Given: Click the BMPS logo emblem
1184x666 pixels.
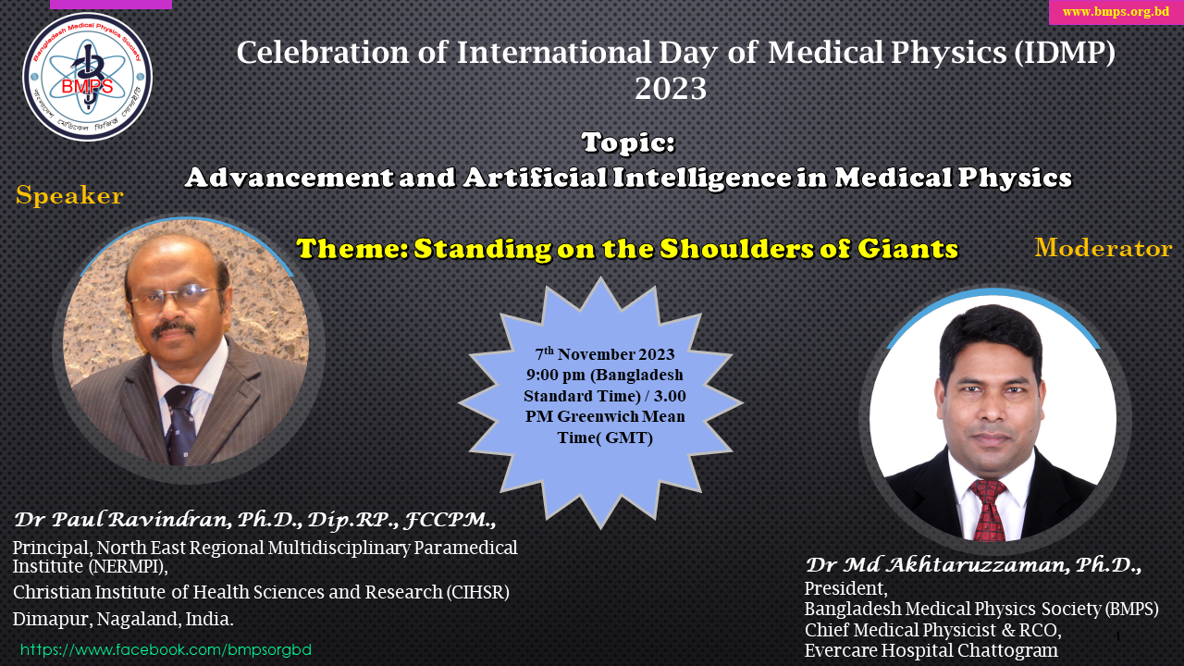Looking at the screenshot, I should tap(88, 77).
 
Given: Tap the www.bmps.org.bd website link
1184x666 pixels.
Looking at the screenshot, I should tap(1116, 12).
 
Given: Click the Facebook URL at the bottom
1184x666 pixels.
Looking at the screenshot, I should tap(166, 649).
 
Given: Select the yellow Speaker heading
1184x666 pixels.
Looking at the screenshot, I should tap(69, 196).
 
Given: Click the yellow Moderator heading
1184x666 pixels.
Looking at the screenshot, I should tap(1103, 248).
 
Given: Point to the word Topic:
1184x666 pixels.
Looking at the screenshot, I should tap(628, 143).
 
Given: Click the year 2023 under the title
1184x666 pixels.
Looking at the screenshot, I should tap(671, 90).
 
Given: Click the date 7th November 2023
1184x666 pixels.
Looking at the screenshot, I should tap(605, 354).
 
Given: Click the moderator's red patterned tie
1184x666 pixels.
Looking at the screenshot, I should tap(988, 510).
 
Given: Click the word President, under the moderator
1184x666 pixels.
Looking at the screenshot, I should tap(845, 589).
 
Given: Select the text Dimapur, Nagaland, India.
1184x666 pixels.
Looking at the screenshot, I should tap(123, 619).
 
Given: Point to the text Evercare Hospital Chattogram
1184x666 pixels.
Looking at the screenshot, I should tap(931, 651).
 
